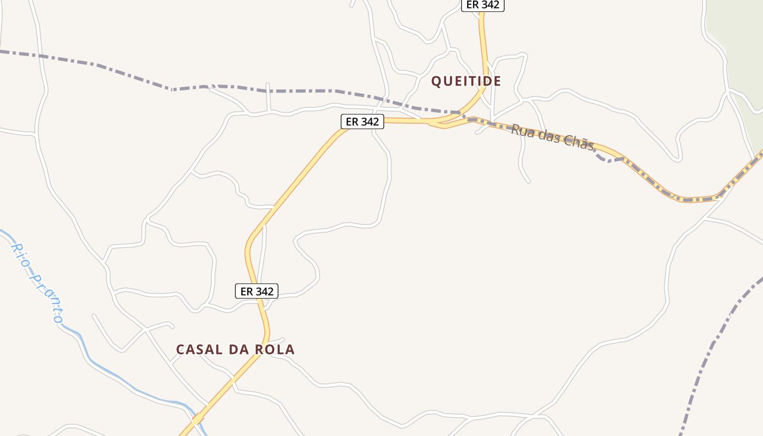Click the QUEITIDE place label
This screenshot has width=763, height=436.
click(x=466, y=81)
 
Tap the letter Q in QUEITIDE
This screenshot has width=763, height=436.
click(x=437, y=82)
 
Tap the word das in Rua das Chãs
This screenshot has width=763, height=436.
click(x=550, y=137)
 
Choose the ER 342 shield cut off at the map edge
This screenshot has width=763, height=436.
click(x=483, y=4)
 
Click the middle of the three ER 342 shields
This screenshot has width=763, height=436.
click(x=362, y=122)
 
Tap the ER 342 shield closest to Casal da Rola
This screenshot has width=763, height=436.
click(x=257, y=292)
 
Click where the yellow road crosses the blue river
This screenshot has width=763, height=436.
click(x=197, y=420)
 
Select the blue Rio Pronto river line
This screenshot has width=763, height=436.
click(x=109, y=371)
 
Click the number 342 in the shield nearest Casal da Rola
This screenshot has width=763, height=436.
click(x=264, y=292)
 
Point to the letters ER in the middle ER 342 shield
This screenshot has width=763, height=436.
click(x=352, y=122)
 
